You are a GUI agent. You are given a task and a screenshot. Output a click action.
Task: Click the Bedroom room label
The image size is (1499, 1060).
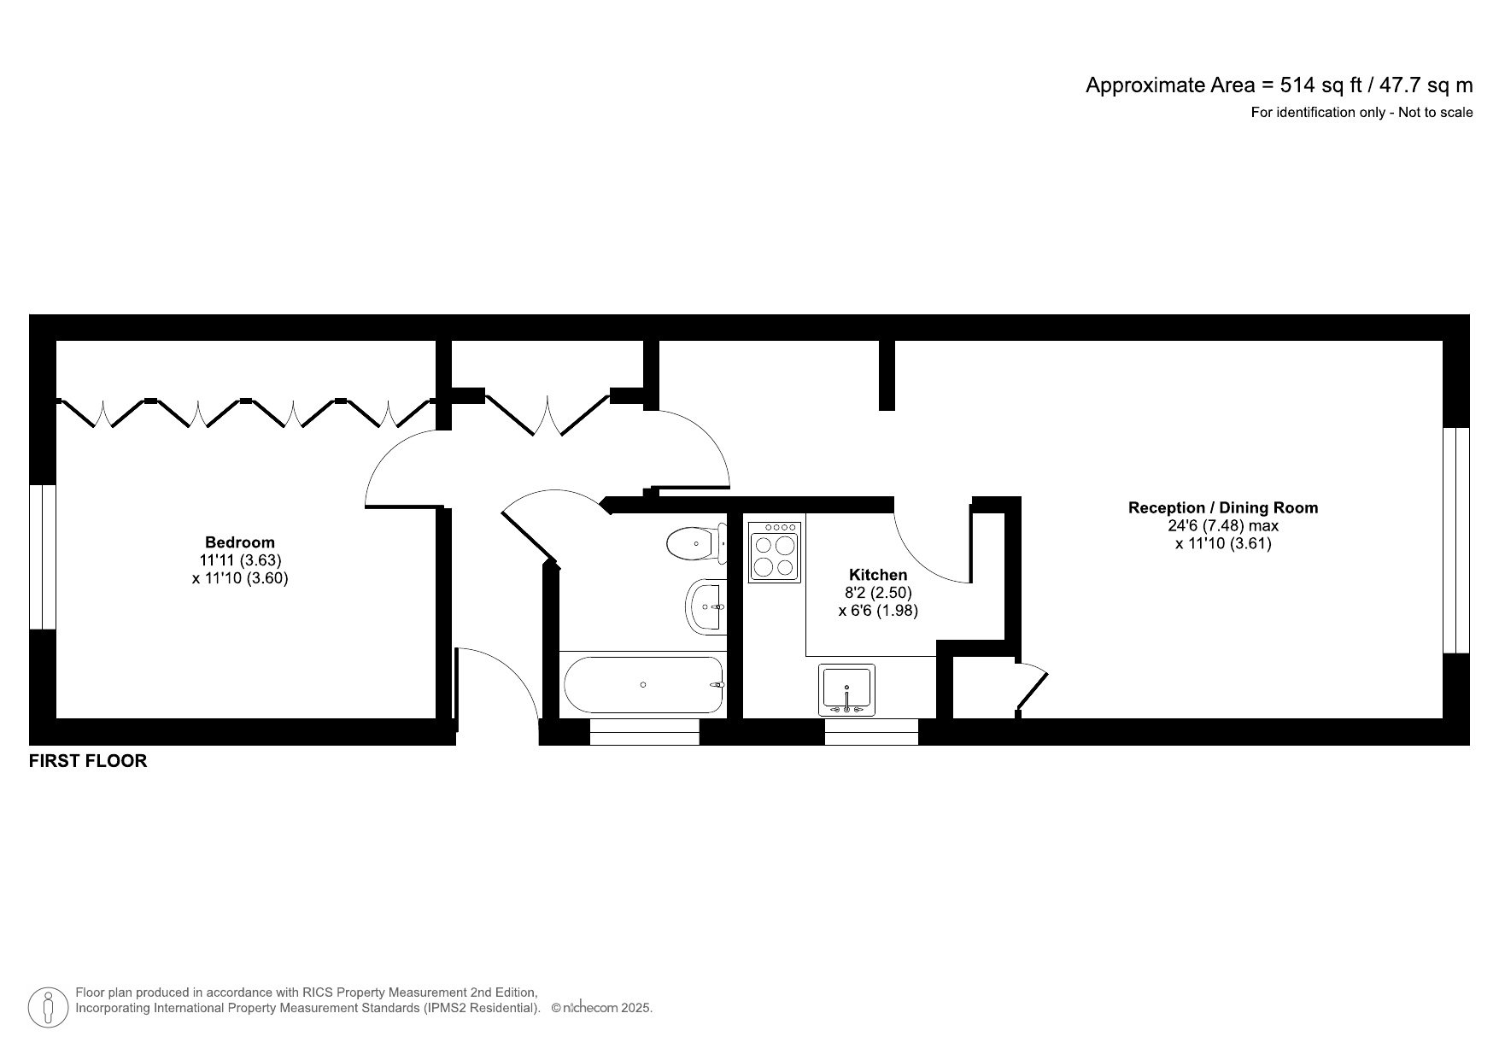pos(240,542)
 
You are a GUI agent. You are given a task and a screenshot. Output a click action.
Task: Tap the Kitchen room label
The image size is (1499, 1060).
pos(877,575)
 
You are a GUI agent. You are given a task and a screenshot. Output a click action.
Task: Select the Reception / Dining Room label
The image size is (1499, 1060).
pos(1222,507)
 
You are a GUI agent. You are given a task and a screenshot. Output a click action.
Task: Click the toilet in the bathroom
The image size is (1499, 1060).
pos(694,543)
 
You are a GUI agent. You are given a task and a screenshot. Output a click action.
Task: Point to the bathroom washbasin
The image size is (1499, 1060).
pos(706,606)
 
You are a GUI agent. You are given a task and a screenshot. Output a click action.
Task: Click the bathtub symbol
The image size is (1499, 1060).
pos(643,685)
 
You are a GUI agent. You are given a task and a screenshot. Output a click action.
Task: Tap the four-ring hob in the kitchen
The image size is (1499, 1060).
pos(775,553)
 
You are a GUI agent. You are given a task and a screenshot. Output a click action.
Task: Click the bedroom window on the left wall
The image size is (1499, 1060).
pos(42,557)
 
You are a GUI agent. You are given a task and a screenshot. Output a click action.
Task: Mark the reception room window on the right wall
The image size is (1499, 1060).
pos(1455,540)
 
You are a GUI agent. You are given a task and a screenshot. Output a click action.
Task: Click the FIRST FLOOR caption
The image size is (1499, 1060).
pos(88,761)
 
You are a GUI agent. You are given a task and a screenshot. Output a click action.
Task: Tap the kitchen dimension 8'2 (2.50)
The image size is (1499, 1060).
pos(877,593)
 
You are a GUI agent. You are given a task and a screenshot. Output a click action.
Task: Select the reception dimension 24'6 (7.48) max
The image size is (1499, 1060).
pos(1222,525)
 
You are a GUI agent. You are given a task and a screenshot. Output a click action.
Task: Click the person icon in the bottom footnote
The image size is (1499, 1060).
pos(49,1008)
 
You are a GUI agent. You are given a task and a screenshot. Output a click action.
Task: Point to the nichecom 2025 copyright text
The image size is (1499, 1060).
pos(601,1008)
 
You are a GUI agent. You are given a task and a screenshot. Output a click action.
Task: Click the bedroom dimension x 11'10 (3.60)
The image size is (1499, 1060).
pos(240,578)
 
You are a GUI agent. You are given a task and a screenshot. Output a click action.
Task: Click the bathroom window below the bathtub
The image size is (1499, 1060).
pos(644,732)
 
